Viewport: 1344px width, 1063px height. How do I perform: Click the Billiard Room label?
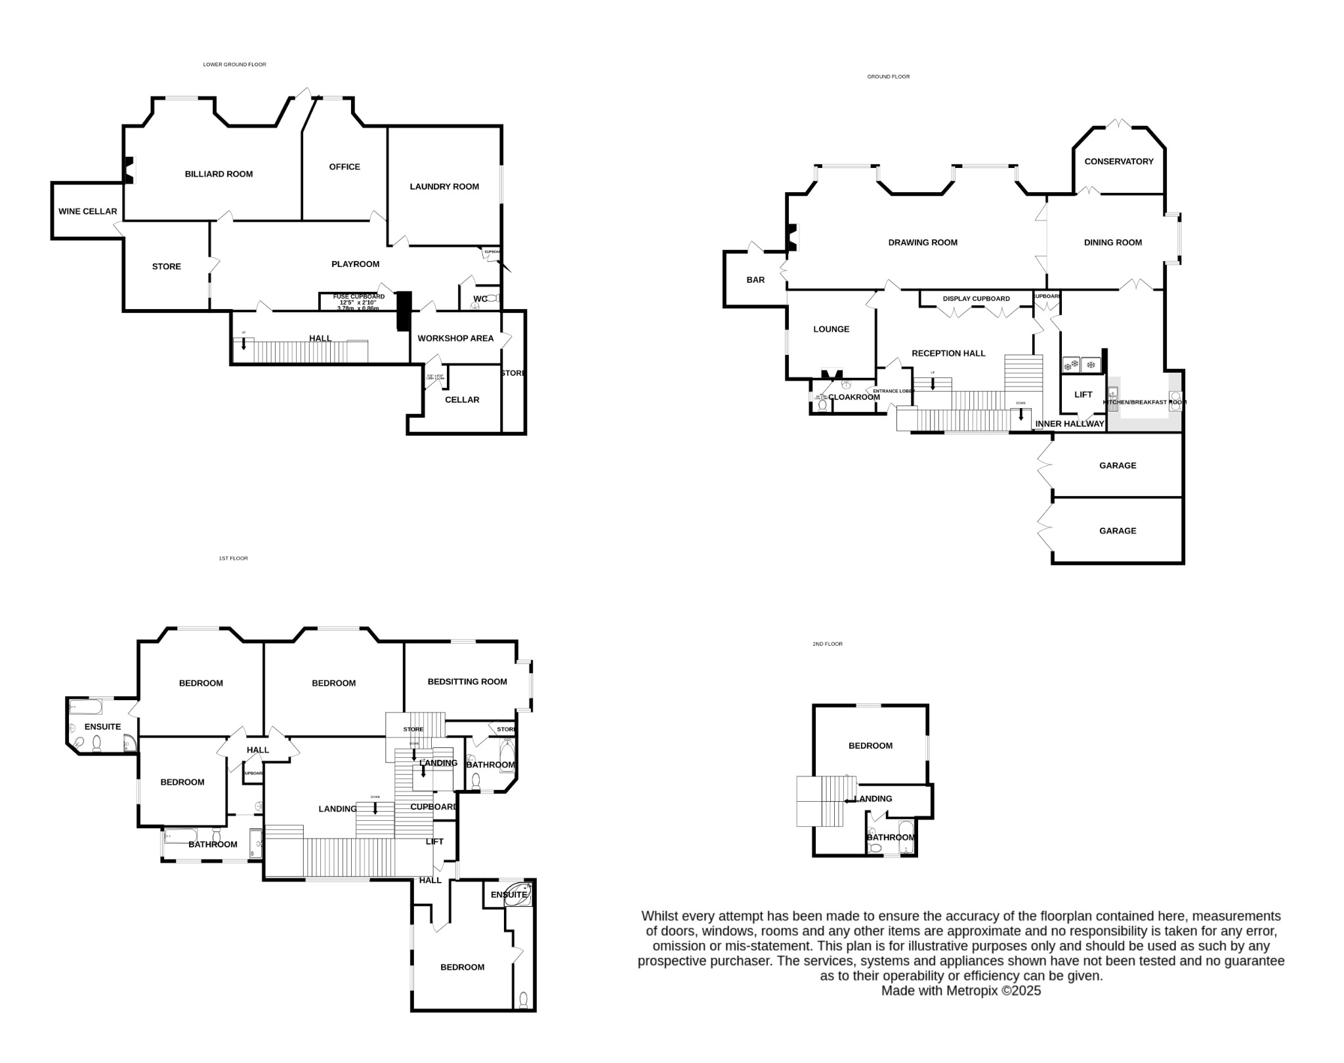[219, 174]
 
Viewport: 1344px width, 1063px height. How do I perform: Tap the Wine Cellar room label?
[87, 211]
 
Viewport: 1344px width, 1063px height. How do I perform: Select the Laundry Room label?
[444, 186]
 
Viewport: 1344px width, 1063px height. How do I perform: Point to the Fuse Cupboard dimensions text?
[358, 305]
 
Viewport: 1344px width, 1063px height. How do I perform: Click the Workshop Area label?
[455, 339]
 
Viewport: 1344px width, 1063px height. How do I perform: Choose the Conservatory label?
[1119, 161]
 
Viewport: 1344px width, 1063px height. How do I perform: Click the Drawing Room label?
[923, 242]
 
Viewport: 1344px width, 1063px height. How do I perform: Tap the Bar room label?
[755, 280]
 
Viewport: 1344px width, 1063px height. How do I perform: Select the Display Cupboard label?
[976, 299]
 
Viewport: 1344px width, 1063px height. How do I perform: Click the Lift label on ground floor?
[1083, 394]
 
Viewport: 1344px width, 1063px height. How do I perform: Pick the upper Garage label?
[1118, 465]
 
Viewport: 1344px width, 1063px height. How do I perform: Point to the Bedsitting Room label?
[467, 682]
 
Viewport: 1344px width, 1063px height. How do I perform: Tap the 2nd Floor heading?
[827, 644]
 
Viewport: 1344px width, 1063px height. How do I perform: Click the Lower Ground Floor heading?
[234, 64]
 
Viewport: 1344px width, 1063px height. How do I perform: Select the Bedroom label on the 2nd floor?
[870, 745]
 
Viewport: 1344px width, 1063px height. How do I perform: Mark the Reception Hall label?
[948, 354]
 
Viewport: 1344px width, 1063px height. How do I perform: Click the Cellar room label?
[462, 400]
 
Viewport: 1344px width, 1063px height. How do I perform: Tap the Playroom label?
[355, 264]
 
